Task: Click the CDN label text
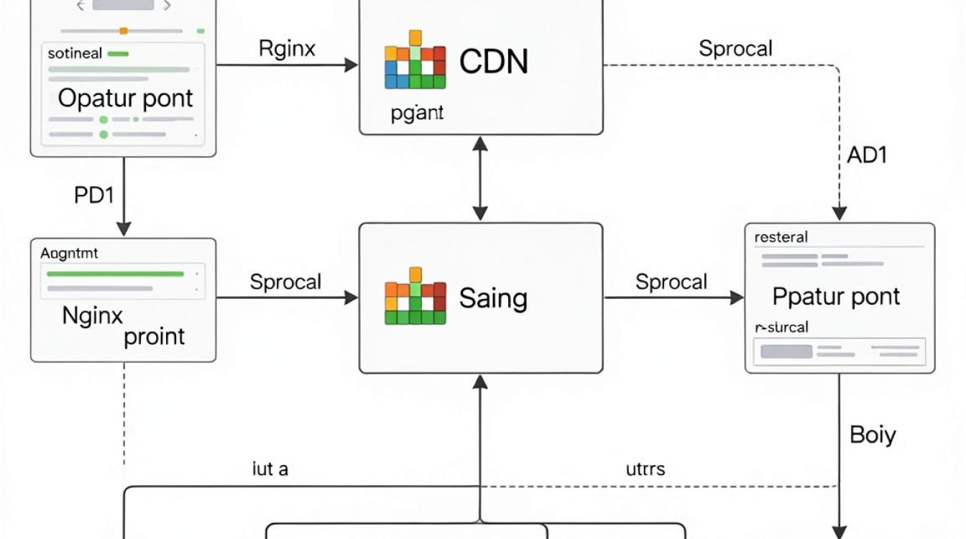pos(493,61)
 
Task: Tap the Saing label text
pos(493,298)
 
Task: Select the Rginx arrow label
pos(287,48)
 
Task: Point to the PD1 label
pos(94,195)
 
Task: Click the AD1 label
pos(867,155)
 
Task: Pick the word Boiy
pos(873,435)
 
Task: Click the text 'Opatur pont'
pos(125,98)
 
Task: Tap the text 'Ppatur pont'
pos(836,297)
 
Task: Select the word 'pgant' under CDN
pos(417,113)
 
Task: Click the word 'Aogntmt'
pos(69,253)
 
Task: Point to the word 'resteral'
pos(781,237)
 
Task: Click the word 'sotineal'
pos(75,53)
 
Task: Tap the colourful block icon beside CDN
pos(415,60)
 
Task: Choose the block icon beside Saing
pos(415,296)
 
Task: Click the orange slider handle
pos(124,31)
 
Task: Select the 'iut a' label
pos(270,469)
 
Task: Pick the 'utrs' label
pos(645,469)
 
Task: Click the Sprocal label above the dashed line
pos(735,48)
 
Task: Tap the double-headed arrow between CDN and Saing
pos(480,178)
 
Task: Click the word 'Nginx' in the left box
pos(92,316)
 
